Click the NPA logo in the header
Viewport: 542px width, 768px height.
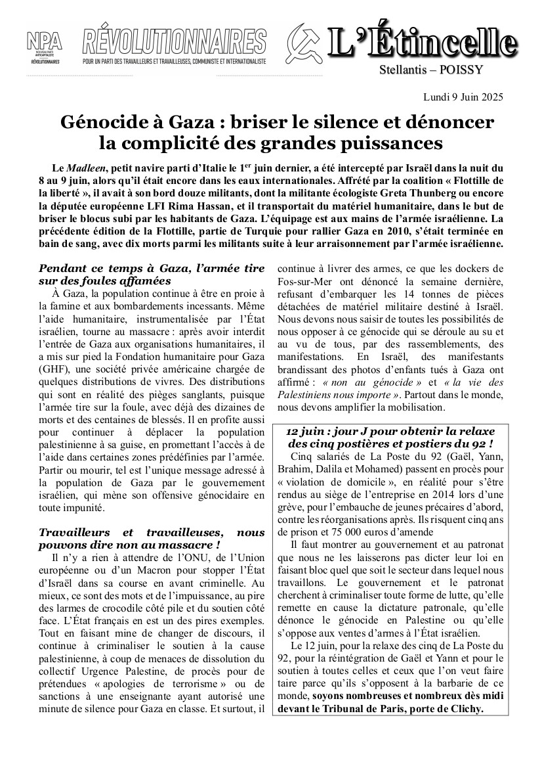pos(45,48)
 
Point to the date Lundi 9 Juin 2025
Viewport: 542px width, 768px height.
pos(464,98)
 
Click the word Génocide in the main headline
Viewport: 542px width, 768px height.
pos(108,122)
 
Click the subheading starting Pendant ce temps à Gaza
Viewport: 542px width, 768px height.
pos(152,275)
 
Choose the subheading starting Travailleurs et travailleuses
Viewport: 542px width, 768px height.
pos(152,539)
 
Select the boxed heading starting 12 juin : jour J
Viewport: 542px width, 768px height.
pos(390,438)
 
